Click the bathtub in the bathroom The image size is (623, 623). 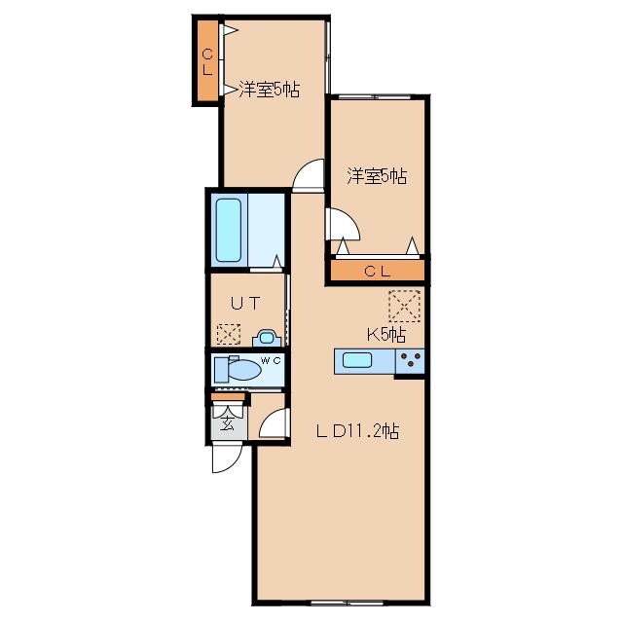228,230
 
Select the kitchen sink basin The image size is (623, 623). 357,360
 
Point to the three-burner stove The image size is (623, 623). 410,361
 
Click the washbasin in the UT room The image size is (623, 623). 267,338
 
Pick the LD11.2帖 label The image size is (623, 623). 357,431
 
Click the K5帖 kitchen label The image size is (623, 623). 386,335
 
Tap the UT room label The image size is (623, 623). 245,304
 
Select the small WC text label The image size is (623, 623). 271,360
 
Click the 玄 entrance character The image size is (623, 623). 227,424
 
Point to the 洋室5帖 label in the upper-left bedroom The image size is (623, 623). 269,90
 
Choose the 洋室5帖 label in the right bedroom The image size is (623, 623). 377,176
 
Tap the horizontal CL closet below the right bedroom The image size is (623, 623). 378,271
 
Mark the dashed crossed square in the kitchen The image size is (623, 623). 405,306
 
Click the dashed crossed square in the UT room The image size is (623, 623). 229,334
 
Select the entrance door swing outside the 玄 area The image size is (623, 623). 228,458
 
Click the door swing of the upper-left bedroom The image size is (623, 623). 309,175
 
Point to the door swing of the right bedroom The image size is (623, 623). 343,225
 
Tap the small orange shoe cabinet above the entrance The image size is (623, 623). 228,396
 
